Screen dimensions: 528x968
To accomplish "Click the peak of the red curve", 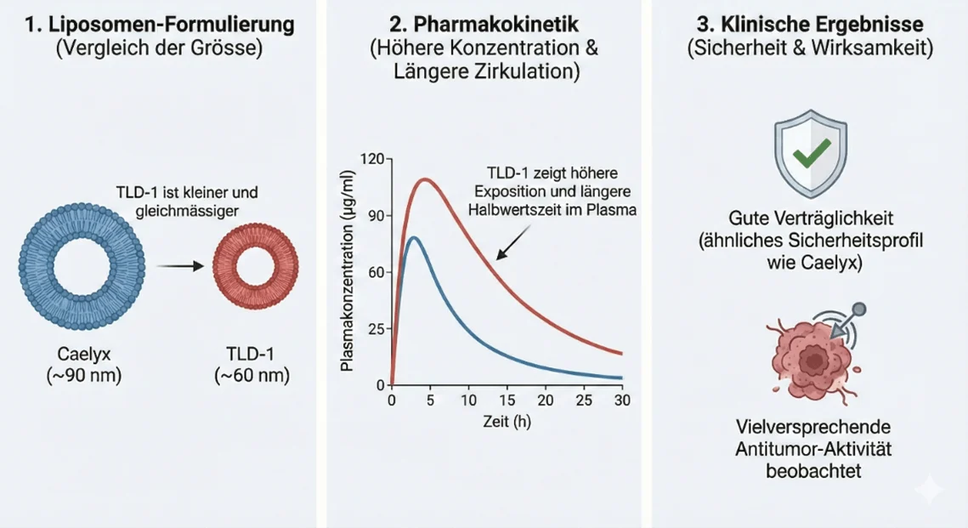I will (x=425, y=179).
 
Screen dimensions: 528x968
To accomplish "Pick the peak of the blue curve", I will (x=414, y=237).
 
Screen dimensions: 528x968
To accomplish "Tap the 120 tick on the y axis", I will (x=373, y=159).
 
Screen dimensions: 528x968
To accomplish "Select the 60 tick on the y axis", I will (x=376, y=272).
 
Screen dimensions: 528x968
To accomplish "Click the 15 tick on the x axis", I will (x=507, y=400).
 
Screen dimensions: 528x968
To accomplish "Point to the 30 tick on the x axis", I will (x=622, y=400).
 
